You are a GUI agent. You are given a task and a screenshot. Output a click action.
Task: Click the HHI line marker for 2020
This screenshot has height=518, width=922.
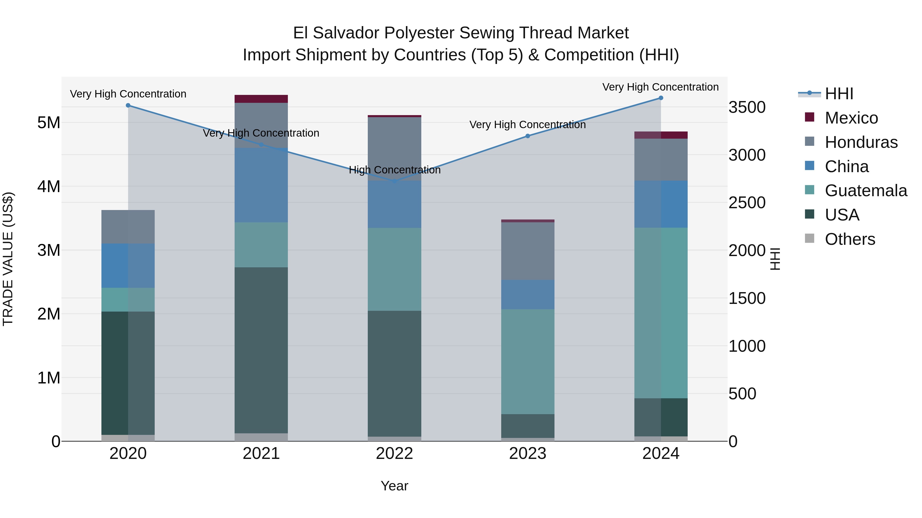pos(128,105)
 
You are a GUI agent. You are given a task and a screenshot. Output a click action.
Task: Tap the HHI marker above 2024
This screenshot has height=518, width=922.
pos(661,98)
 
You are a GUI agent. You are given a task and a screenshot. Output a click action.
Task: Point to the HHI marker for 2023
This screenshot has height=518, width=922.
pos(528,136)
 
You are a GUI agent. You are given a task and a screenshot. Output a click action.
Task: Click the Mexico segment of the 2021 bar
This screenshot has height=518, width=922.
pos(261,99)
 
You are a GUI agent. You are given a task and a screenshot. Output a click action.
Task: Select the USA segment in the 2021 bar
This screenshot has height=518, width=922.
pos(261,350)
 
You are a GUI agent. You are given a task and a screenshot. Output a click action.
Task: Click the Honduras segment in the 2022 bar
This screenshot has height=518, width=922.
pos(394,149)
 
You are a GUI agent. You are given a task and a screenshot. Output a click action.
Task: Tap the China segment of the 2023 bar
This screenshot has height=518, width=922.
pos(528,295)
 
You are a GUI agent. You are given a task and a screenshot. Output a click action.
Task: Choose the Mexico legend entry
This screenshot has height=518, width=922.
pos(851,118)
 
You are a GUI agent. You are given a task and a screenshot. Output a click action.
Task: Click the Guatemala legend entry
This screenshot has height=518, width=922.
pos(865,191)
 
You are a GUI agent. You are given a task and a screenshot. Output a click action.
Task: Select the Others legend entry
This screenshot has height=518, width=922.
pos(850,239)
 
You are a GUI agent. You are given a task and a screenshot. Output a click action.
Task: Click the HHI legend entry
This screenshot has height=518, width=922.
pos(839,94)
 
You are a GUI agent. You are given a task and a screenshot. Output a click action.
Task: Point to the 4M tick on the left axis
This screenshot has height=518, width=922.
pos(49,186)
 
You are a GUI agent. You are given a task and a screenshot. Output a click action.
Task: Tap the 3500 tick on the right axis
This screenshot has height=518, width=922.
pos(747,107)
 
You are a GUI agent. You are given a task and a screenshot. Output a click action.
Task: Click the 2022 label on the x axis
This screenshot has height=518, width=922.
pos(394,454)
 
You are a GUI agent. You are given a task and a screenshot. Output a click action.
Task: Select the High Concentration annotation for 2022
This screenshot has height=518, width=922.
pos(394,170)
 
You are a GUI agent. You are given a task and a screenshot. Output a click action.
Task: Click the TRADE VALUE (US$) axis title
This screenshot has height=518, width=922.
pos(8,259)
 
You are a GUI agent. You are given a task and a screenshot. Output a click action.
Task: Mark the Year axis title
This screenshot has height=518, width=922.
pos(394,486)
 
